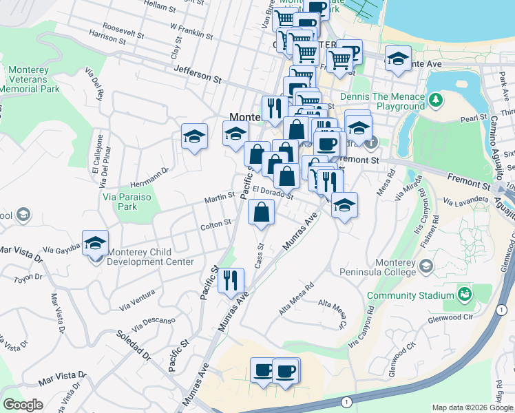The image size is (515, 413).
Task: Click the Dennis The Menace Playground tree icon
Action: pos(434,101)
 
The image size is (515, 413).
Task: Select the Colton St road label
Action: pos(216,224)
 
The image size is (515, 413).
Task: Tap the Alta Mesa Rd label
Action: pos(296,299)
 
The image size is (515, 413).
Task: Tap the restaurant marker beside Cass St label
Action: pos(231,280)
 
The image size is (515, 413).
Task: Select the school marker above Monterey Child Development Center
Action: pos(95,243)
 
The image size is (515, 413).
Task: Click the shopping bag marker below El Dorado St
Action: pos(261,213)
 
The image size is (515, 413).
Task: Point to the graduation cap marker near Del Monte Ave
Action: pos(398,59)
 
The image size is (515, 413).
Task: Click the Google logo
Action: pos(23,405)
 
